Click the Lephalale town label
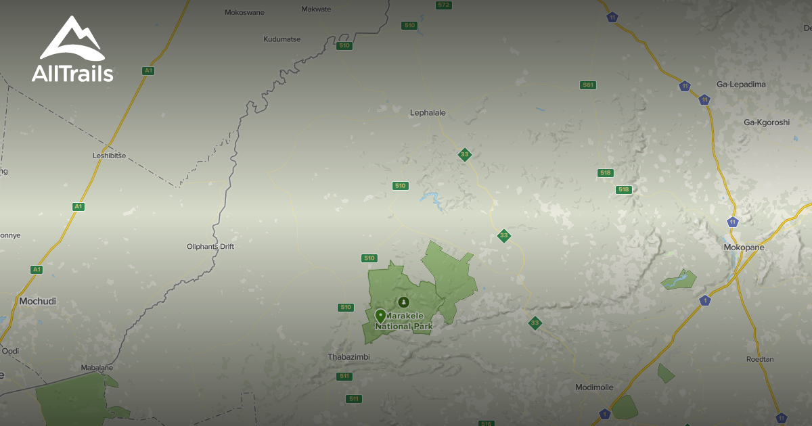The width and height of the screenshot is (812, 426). (428, 113)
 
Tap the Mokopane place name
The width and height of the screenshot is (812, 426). (744, 247)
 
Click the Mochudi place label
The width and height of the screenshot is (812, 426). (38, 301)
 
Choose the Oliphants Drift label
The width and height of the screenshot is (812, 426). (210, 247)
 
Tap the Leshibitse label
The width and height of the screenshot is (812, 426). (110, 156)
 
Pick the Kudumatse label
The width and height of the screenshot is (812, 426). (281, 39)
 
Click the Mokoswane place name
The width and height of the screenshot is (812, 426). (244, 12)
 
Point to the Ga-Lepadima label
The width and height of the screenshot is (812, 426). (741, 85)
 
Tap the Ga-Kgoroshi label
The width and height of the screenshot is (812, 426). (767, 122)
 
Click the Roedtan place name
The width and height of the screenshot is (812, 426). (760, 359)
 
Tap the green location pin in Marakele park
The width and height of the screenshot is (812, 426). (380, 316)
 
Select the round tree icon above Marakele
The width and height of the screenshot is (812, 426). (404, 302)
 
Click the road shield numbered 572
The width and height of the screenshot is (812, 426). (443, 5)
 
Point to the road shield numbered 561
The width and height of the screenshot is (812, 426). (588, 85)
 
